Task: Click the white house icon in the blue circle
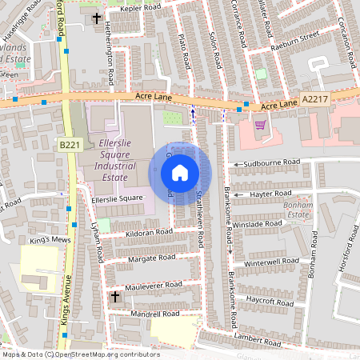click(180, 172)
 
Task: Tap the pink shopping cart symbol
click(260, 124)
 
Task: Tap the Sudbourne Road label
click(272, 162)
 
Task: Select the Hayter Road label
click(272, 194)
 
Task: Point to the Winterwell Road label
click(271, 262)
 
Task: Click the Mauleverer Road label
click(154, 285)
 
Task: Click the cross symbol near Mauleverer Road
click(114, 297)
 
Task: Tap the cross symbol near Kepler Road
click(97, 17)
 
